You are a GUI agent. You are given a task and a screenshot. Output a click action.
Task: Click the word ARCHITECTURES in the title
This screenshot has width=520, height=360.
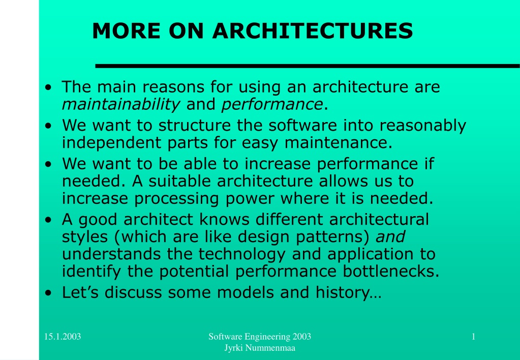pyautogui.click(x=313, y=31)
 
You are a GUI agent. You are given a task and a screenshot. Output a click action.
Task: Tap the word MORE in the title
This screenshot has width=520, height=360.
pyautogui.click(x=127, y=31)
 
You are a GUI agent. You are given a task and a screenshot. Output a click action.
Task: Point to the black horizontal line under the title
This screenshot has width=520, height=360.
pyautogui.click(x=308, y=66)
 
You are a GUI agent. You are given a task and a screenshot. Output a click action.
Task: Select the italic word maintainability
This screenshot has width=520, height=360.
pyautogui.click(x=121, y=105)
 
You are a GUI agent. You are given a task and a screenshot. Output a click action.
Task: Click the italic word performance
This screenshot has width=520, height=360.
pyautogui.click(x=272, y=105)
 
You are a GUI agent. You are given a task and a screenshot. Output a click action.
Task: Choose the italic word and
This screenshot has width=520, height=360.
pyautogui.click(x=390, y=237)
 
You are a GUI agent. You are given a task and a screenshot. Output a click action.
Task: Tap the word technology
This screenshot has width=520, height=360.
pyautogui.click(x=242, y=254)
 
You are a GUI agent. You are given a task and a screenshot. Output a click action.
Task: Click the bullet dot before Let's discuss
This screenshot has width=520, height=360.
pyautogui.click(x=48, y=293)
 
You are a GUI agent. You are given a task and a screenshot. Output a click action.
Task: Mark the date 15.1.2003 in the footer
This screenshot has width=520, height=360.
pyautogui.click(x=63, y=337)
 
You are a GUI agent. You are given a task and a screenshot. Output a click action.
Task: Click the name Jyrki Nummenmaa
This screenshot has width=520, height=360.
pyautogui.click(x=260, y=348)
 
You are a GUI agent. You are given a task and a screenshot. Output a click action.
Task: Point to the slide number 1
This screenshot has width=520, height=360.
pyautogui.click(x=474, y=337)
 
